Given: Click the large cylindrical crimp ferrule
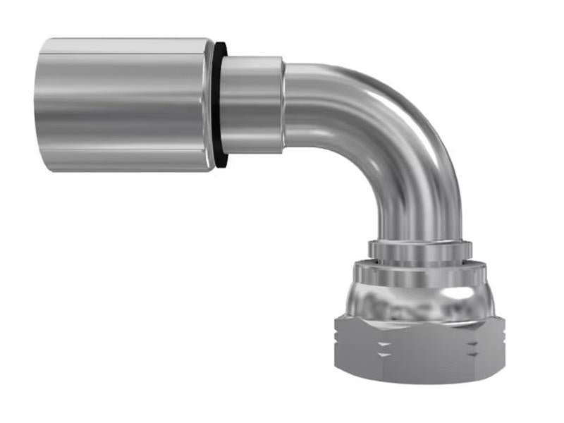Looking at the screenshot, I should tap(123, 104).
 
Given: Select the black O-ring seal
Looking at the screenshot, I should tap(221, 106).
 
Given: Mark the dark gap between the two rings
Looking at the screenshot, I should tap(420, 262).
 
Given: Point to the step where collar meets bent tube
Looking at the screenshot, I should tap(284, 106).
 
